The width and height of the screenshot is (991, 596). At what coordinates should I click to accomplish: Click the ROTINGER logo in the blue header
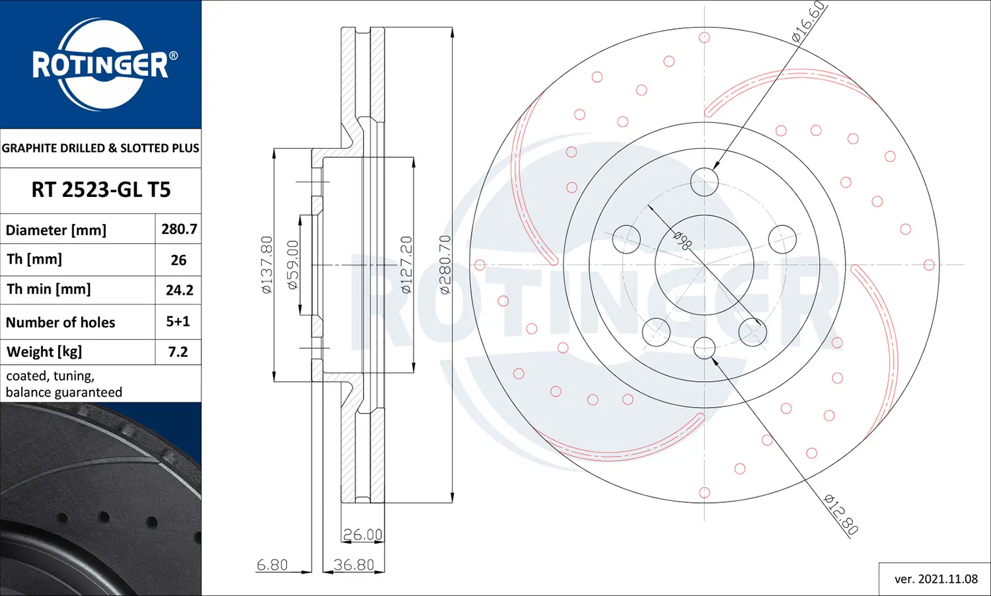coord(101,64)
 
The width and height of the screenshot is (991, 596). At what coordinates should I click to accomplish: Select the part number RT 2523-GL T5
coord(101,190)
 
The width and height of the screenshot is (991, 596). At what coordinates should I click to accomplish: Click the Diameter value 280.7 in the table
coord(179,229)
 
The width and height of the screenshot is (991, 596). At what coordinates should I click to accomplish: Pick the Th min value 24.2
coord(179,290)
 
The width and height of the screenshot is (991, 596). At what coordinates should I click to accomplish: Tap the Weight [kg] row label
coord(44,352)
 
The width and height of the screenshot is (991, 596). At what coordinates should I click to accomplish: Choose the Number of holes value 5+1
coord(178,322)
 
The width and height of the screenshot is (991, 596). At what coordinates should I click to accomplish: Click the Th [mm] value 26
coord(178,260)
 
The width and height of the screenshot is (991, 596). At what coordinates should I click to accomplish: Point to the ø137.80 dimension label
coord(267,264)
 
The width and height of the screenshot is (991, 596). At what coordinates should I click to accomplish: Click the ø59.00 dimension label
coord(293,264)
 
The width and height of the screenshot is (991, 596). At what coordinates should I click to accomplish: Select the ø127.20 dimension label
coord(406,264)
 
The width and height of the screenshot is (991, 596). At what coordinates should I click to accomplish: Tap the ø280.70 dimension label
coord(445,264)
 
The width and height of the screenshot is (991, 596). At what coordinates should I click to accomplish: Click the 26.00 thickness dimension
coord(363,535)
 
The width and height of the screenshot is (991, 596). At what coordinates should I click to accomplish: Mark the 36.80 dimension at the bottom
coord(353,565)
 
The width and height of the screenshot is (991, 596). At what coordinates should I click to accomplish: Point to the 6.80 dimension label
coord(272,565)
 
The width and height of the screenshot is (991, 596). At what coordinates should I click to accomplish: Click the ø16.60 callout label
coord(809,22)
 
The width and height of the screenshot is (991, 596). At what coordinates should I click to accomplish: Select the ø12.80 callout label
coord(842,514)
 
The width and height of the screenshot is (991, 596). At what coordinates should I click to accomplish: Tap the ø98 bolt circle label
coord(682,240)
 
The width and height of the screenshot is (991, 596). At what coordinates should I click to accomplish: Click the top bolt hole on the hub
coord(704,182)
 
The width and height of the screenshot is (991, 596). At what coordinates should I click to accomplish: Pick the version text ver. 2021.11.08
coord(936,579)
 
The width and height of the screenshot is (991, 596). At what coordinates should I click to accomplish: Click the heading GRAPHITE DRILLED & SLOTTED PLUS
coord(100,148)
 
